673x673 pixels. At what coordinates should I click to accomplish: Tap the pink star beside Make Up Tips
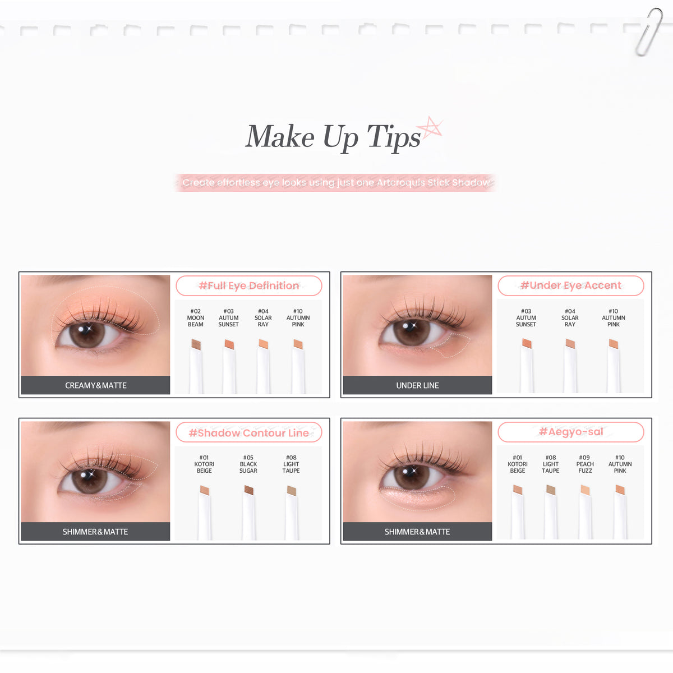coord(431,127)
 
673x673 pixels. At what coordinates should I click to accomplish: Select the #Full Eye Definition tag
coord(248,285)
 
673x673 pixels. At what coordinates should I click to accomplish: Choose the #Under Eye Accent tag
coord(571,285)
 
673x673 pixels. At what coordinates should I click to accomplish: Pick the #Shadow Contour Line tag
coord(248,433)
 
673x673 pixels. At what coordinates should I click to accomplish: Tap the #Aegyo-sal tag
coord(571,432)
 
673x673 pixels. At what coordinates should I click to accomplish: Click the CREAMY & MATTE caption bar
coord(95,385)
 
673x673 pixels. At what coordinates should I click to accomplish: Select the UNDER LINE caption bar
coord(417,385)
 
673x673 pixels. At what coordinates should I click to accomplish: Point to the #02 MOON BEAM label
coord(196,317)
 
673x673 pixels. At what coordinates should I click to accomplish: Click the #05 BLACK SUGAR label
coord(248,464)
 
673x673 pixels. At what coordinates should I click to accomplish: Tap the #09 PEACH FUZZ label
coord(585,464)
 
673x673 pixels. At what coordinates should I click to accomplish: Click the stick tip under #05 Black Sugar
coord(249,490)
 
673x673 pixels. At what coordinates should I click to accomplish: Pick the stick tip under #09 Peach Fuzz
coord(585,490)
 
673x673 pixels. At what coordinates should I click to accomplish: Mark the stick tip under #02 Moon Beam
coord(196,344)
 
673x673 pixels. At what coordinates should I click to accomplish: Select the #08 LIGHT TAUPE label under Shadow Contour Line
coord(291,464)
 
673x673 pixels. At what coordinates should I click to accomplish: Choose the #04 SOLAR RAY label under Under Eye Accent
coord(570,317)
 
